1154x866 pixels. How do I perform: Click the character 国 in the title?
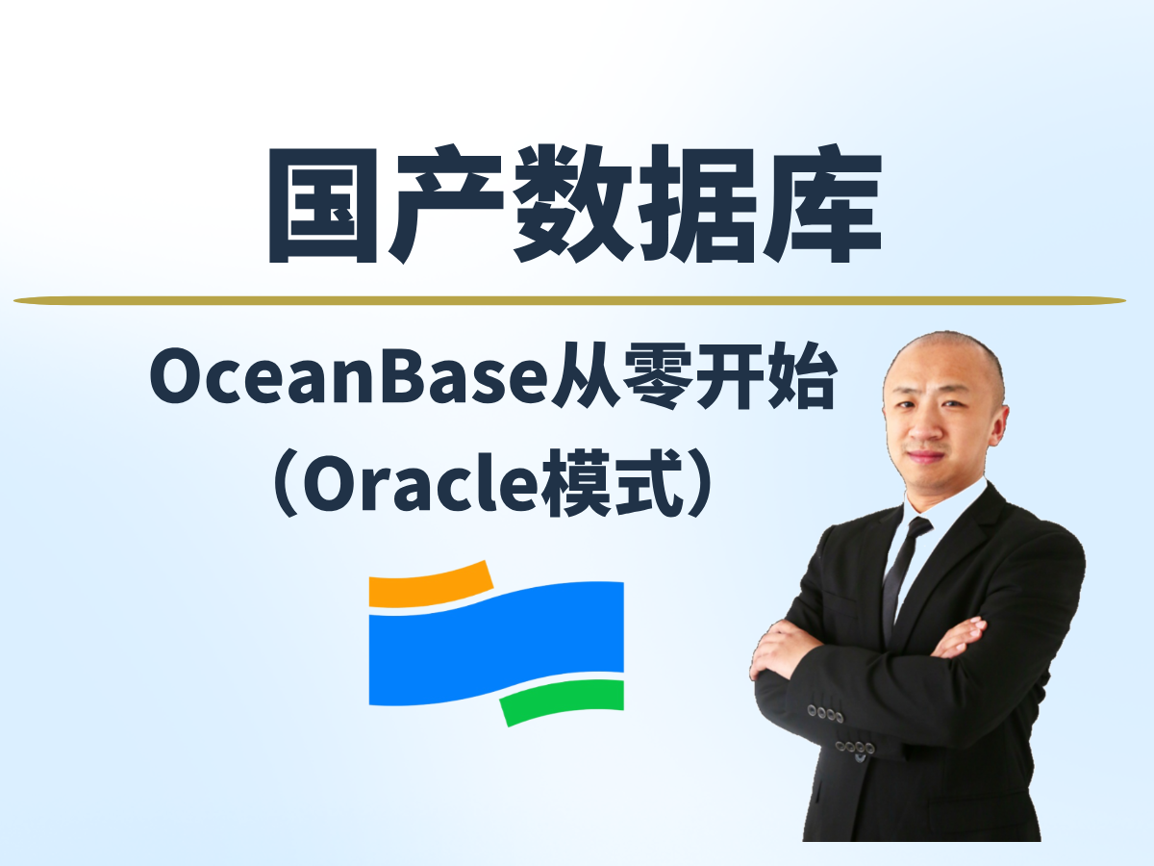[x=323, y=205]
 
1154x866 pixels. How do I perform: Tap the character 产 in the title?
[x=446, y=204]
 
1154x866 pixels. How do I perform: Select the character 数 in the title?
[x=572, y=204]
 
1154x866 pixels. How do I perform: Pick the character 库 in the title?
[x=821, y=204]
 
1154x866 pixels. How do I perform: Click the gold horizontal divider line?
[x=569, y=301]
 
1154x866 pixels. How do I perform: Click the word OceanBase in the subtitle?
[x=349, y=377]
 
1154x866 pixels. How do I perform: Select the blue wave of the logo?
[x=496, y=643]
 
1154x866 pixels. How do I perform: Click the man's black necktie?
[x=905, y=578]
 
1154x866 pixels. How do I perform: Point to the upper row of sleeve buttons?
[x=826, y=714]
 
